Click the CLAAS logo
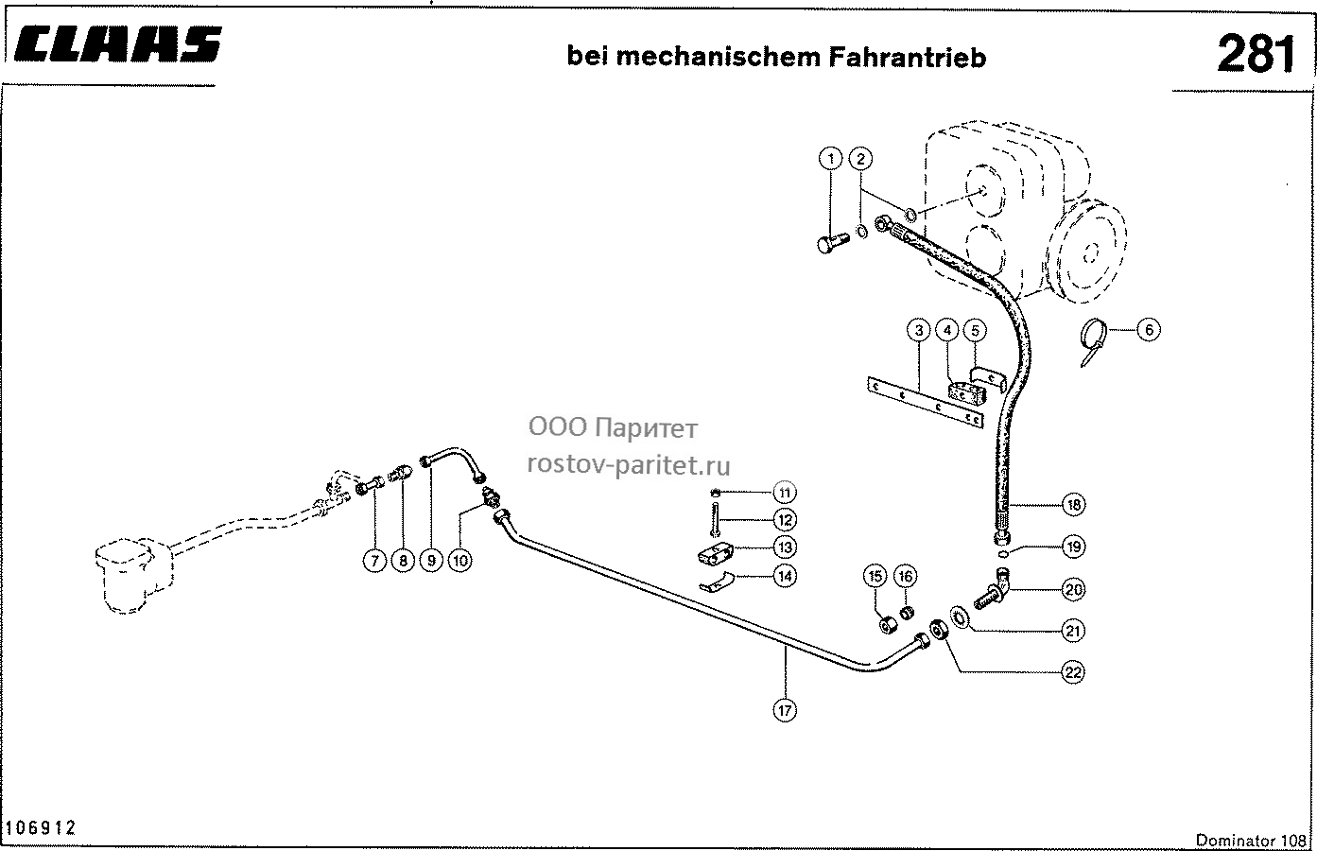pos(117,44)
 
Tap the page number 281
pos(1256,54)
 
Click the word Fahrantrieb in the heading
pos(908,58)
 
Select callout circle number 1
pos(831,159)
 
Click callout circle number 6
pos(1149,329)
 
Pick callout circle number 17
pos(785,710)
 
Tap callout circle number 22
pos(1073,672)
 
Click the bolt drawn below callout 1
pos(833,242)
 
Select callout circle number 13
pos(785,547)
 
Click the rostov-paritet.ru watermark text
pos(629,464)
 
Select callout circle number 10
pos(459,561)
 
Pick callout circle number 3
pos(918,331)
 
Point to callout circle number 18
pos(1074,505)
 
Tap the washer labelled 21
pos(961,618)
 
